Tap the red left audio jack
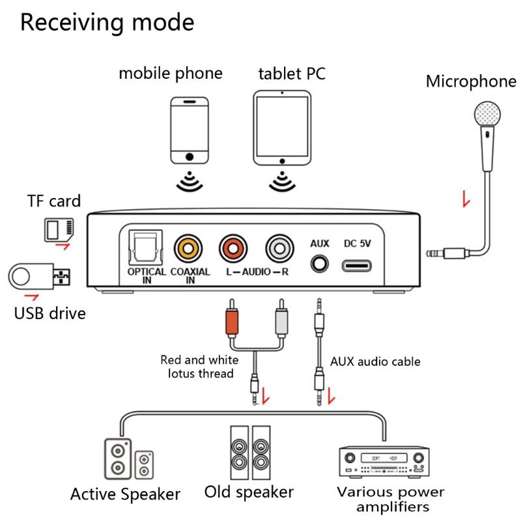coord(234,248)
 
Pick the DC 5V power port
coord(356,266)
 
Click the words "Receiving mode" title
coord(107,22)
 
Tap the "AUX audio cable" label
coord(375,361)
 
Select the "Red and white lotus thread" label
coord(200,367)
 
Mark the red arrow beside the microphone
coord(466,199)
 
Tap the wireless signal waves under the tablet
coord(282,180)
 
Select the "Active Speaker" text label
coord(125,494)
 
